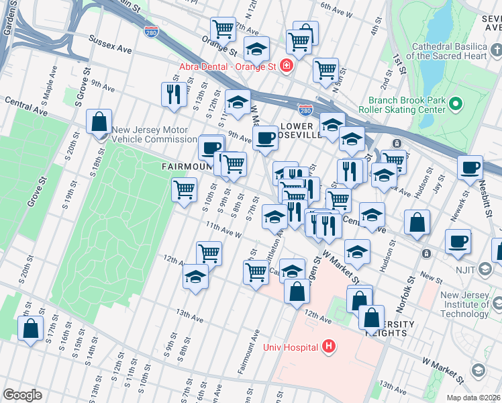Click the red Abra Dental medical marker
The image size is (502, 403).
tap(287, 66)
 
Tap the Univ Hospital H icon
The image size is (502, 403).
tap(329, 347)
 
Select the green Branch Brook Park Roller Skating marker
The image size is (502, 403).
tap(456, 103)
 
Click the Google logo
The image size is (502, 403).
tap(22, 395)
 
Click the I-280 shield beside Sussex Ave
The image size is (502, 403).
tap(151, 31)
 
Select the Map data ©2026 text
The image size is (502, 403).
tap(474, 398)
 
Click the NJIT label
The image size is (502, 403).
tap(485, 270)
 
